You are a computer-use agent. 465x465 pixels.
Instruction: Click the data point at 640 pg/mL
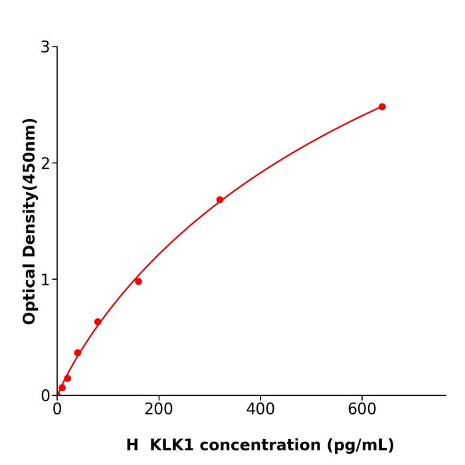coord(382,107)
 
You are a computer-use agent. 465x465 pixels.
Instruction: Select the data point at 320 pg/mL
coord(220,200)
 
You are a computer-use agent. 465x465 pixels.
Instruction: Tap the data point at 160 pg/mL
coord(138,282)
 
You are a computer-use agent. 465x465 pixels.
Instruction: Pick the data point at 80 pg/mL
coord(98,322)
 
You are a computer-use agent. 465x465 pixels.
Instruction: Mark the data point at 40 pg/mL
coord(78,353)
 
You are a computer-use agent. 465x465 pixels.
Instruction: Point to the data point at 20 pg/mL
coord(67,379)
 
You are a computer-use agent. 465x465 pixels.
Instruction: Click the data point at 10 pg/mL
coord(62,388)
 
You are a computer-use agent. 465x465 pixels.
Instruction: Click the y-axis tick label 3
coord(45,47)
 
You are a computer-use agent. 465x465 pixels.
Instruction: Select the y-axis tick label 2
coord(45,163)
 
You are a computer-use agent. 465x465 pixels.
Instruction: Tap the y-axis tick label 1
coord(45,280)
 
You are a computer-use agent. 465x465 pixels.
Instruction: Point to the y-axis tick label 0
coord(45,396)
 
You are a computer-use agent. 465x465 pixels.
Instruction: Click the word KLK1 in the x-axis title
coord(172,445)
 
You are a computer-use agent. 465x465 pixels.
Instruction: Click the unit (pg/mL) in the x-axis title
coord(359,445)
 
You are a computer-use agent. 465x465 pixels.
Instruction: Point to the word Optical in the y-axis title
coord(29,293)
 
